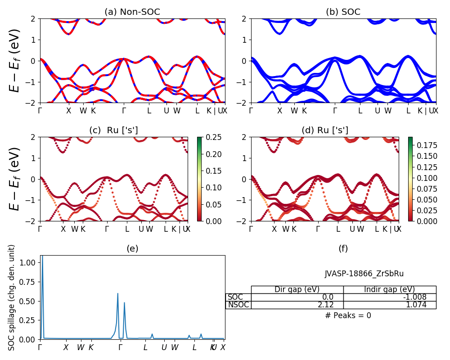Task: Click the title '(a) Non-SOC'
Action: tap(132, 12)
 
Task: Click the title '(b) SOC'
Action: tap(343, 12)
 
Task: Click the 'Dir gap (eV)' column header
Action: tap(297, 289)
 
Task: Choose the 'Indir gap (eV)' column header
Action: tap(389, 289)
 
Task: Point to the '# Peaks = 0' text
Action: tap(348, 315)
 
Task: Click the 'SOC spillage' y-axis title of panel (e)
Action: tap(12, 297)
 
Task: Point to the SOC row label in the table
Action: tap(235, 297)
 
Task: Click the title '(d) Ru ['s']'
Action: tap(325, 130)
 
